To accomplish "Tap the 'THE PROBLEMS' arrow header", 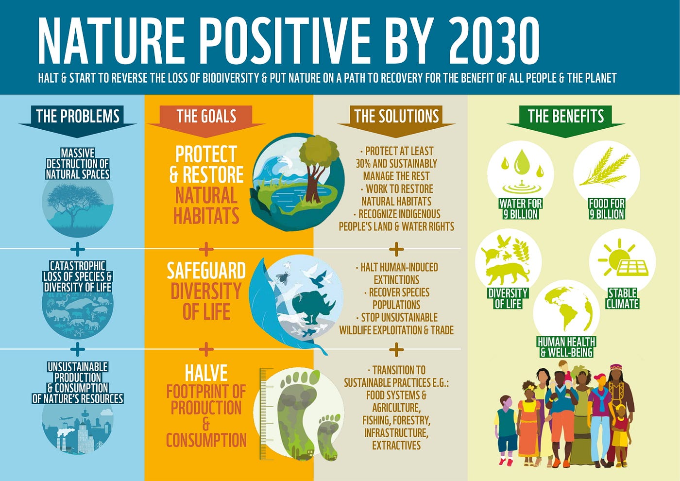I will pos(78,116).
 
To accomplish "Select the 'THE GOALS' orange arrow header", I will pos(206,116).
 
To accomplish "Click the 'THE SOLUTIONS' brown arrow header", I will pos(396,116).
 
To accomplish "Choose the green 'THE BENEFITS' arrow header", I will pos(566,116).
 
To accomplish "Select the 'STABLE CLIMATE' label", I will pos(622,298).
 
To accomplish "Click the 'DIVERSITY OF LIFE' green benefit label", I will pos(508,298).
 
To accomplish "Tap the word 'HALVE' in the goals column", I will pos(206,373).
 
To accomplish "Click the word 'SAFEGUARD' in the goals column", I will pos(206,271).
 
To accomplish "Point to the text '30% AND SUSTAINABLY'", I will pos(396,164).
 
